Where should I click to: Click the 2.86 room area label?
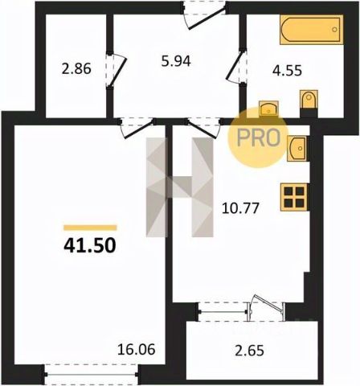76,69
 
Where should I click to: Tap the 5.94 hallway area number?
176,61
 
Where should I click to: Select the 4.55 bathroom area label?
287,71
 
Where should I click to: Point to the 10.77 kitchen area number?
240,208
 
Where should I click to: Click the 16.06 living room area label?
137,349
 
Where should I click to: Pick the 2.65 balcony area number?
249,351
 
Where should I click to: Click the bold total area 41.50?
90,246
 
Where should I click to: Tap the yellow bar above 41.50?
90,228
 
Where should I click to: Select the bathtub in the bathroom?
311,30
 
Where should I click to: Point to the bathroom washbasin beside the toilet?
268,109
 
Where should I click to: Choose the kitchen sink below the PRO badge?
297,148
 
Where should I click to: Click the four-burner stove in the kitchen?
293,197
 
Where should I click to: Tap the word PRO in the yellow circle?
259,138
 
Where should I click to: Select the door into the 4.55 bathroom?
237,67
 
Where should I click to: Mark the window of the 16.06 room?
91,374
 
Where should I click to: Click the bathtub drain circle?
334,30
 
